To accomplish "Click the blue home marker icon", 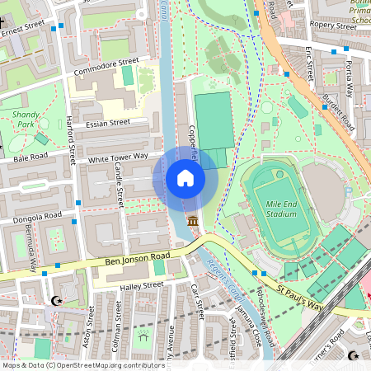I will [185, 178].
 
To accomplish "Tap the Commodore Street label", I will [106, 66].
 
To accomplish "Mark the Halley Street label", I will [142, 285].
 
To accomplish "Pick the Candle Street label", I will [120, 185].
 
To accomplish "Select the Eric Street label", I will [311, 64].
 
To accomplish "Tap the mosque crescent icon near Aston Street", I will [57, 301].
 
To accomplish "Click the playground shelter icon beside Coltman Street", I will [143, 336].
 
